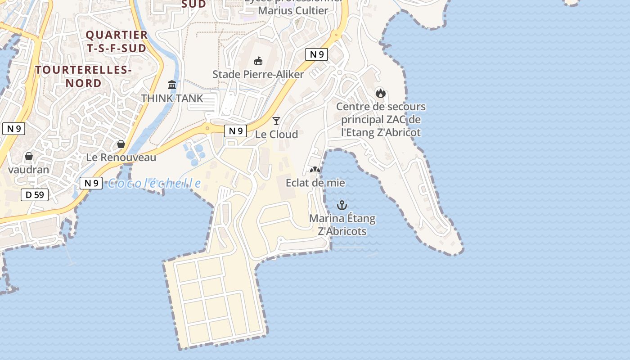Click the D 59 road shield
(x=35, y=195)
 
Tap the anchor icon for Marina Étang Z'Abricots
(x=342, y=206)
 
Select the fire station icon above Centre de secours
(x=381, y=94)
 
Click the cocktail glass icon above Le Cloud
(x=276, y=121)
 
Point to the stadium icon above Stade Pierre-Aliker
(x=258, y=61)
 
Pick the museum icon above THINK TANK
(x=172, y=85)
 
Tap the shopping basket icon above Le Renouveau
(x=121, y=144)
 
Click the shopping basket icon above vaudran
(x=29, y=156)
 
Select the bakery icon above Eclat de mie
(x=315, y=170)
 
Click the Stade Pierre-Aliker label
(x=258, y=74)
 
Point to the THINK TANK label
(x=172, y=98)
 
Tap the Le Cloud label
(x=276, y=134)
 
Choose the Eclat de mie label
(x=315, y=183)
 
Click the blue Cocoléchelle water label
(x=154, y=183)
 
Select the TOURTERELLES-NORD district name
(x=83, y=76)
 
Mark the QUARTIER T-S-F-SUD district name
(x=117, y=41)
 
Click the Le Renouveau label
(x=121, y=157)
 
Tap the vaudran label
(x=29, y=170)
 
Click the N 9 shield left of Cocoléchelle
(x=91, y=183)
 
